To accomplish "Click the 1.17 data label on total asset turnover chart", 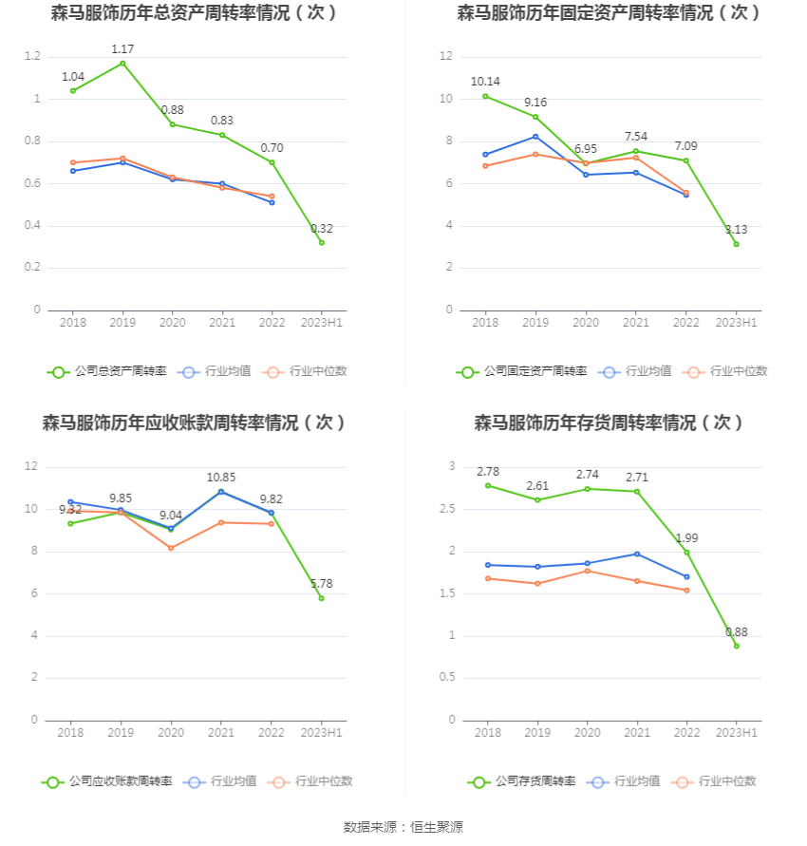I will pyautogui.click(x=122, y=48).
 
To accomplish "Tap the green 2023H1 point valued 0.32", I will pyautogui.click(x=322, y=242).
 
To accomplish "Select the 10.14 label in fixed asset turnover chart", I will pyautogui.click(x=485, y=81).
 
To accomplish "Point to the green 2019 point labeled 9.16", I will pyautogui.click(x=535, y=117).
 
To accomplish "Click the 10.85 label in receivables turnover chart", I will pyautogui.click(x=221, y=477).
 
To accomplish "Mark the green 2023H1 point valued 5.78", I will pyautogui.click(x=322, y=598).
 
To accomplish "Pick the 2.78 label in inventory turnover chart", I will pyautogui.click(x=488, y=471).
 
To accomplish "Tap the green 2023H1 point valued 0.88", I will pyautogui.click(x=736, y=646).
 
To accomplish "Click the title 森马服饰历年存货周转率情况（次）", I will pyautogui.click(x=609, y=423).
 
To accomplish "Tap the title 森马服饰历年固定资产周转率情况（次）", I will pyautogui.click(x=609, y=12).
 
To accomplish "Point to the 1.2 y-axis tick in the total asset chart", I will pyautogui.click(x=32, y=57).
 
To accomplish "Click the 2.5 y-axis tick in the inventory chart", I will pyautogui.click(x=446, y=509).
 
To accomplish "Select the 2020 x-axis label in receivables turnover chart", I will pyautogui.click(x=171, y=733).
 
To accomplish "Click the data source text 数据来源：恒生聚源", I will pyautogui.click(x=403, y=827).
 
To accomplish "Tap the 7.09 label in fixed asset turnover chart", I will pyautogui.click(x=685, y=145).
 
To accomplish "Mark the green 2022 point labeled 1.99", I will pyautogui.click(x=686, y=552).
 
